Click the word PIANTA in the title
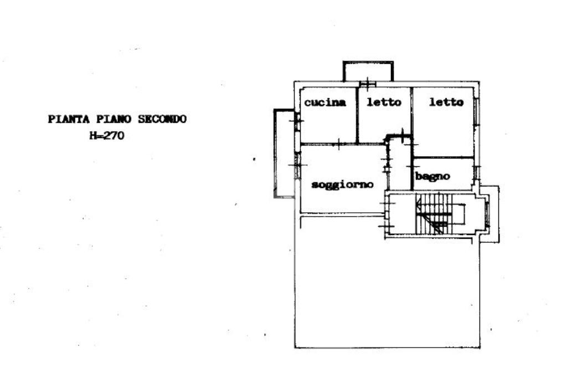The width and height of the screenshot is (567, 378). tap(69, 119)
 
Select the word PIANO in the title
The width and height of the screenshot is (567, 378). tap(114, 119)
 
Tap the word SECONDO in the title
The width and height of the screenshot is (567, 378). tap(162, 119)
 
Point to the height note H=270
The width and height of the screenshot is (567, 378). tap(107, 135)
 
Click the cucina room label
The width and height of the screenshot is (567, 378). tap(325, 103)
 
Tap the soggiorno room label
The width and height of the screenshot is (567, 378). tap(342, 185)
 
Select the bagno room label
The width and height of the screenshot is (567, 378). tap(432, 177)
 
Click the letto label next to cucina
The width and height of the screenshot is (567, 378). tap(384, 102)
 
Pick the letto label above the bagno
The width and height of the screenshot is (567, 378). tap(446, 102)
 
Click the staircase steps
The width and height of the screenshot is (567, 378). tap(434, 213)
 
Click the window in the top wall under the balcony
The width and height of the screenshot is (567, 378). tap(368, 84)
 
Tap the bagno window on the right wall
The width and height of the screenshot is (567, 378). tap(477, 172)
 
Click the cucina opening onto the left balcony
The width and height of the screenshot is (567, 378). tap(297, 121)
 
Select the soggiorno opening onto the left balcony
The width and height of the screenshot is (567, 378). tap(297, 166)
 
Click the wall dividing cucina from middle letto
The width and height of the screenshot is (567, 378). tap(357, 115)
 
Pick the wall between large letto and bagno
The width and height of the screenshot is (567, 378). tap(444, 157)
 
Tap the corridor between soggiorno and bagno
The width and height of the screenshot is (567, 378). tap(400, 164)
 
